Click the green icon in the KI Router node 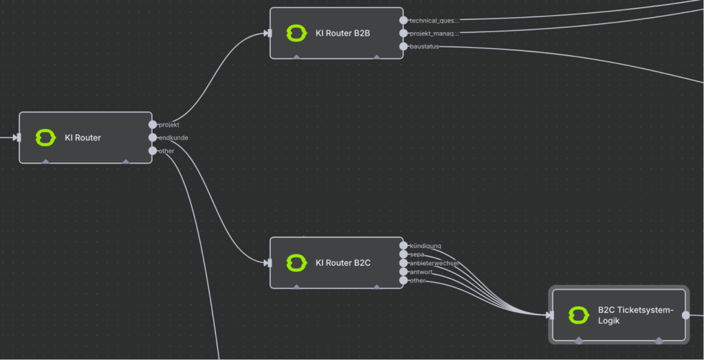click(x=45, y=137)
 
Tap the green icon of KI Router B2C click(x=296, y=262)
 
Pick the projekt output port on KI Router click(x=153, y=124)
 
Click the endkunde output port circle click(x=153, y=137)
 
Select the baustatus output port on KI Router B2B click(x=404, y=46)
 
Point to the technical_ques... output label click(x=434, y=21)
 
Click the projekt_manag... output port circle click(x=404, y=33)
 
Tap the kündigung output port click(x=404, y=245)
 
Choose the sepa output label click(x=417, y=254)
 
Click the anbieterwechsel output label click(x=434, y=263)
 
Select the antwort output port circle click(x=404, y=272)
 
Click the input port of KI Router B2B click(x=270, y=33)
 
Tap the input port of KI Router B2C click(x=270, y=262)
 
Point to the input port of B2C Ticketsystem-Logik click(x=551, y=315)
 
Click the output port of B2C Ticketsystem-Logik click(x=685, y=315)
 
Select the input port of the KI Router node click(x=19, y=137)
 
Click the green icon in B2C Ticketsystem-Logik click(x=578, y=315)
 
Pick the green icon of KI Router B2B click(x=296, y=33)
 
